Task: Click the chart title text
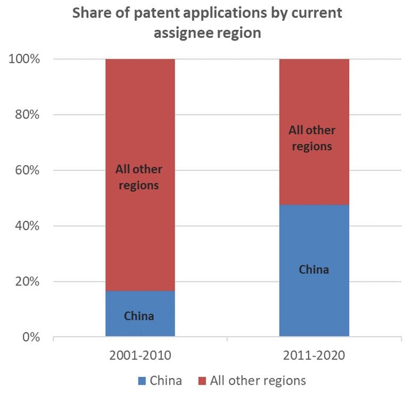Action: (x=207, y=23)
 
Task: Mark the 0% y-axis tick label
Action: (x=30, y=337)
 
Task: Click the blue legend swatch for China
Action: (x=142, y=381)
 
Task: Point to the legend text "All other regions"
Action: (x=258, y=380)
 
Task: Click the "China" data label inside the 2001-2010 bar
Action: (x=139, y=316)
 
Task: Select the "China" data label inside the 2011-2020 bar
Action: (x=314, y=269)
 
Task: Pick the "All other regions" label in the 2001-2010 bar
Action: (x=139, y=177)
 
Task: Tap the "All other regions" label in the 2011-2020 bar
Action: (x=312, y=138)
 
